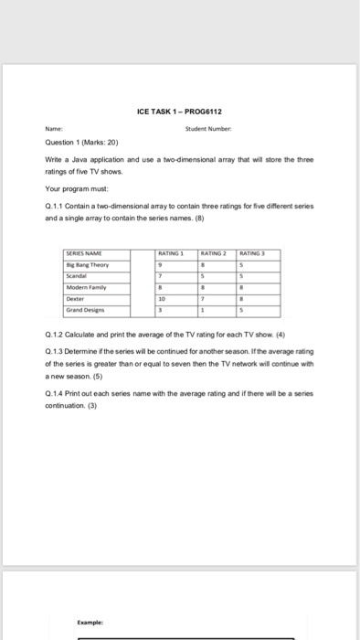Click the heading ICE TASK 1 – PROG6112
pos(180,112)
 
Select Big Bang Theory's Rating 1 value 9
pos(160,240)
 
